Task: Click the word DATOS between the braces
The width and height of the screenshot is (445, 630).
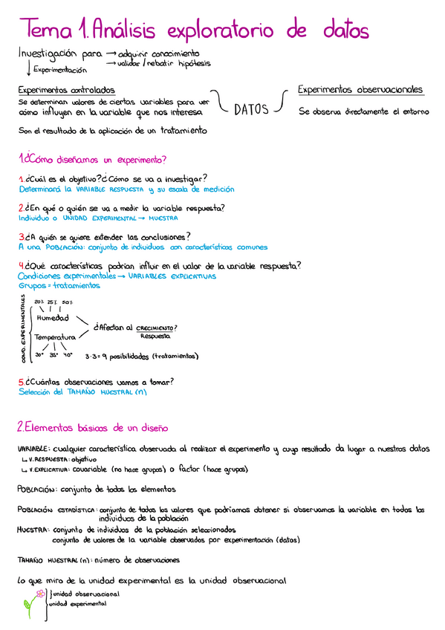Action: (250, 110)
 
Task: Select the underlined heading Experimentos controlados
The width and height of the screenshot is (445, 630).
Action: (56, 90)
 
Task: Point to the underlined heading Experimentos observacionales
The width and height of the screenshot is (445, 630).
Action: (360, 90)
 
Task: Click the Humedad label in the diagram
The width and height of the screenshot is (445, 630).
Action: (52, 318)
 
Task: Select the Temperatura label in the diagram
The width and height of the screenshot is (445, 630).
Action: (56, 337)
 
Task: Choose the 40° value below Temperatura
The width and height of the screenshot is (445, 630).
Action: (68, 355)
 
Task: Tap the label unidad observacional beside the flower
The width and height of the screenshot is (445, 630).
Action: (84, 594)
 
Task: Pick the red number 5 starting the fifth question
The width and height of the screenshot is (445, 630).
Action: (21, 382)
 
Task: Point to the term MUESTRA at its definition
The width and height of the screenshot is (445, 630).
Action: (31, 530)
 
